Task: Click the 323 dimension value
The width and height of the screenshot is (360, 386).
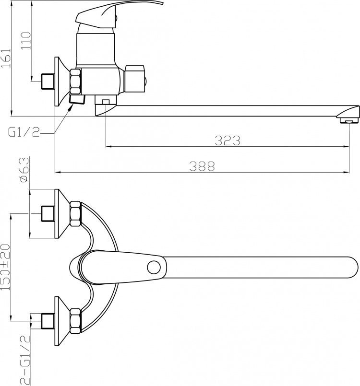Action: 227,140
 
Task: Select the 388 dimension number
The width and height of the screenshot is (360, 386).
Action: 202,166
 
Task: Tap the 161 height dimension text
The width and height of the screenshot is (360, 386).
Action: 6,58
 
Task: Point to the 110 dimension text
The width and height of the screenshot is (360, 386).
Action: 26,41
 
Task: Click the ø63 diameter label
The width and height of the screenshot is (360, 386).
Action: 24,170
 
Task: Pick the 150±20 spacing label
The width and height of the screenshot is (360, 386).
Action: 5,267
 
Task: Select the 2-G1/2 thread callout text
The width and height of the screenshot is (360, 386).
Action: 25,360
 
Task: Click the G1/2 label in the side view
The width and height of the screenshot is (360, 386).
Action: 24,132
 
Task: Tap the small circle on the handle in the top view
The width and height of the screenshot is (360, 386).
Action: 154,268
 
